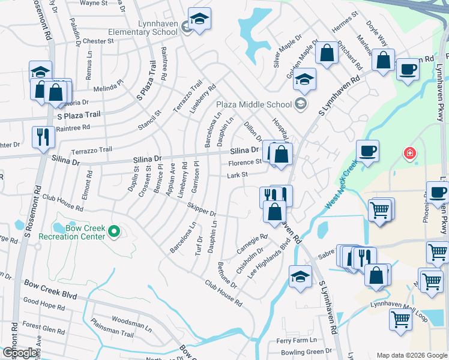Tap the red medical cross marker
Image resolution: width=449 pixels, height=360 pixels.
[x=410, y=154]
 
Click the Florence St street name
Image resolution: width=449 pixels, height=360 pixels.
[x=244, y=162]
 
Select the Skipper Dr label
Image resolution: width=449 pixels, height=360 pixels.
[x=202, y=210]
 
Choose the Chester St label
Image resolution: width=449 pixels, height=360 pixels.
[x=98, y=41]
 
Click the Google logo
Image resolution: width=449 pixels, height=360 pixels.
[x=20, y=353]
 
